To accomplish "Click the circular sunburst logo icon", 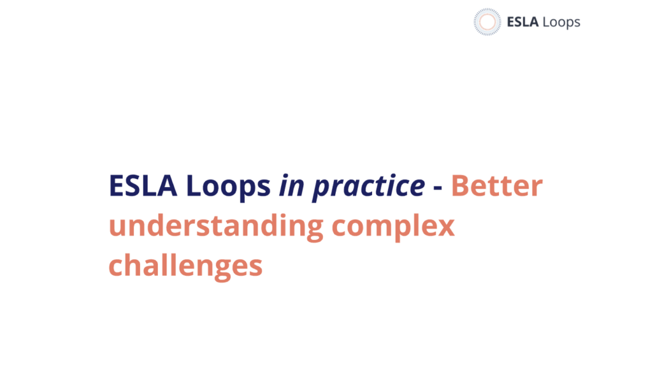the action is coord(487,21).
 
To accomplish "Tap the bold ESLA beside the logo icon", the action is coord(522,21).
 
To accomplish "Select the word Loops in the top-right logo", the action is coord(562,23).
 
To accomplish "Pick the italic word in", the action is coord(292,186).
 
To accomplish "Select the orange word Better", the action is coord(497,186).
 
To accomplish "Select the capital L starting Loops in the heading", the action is coord(193,186).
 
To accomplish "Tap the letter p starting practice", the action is coord(321,191).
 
